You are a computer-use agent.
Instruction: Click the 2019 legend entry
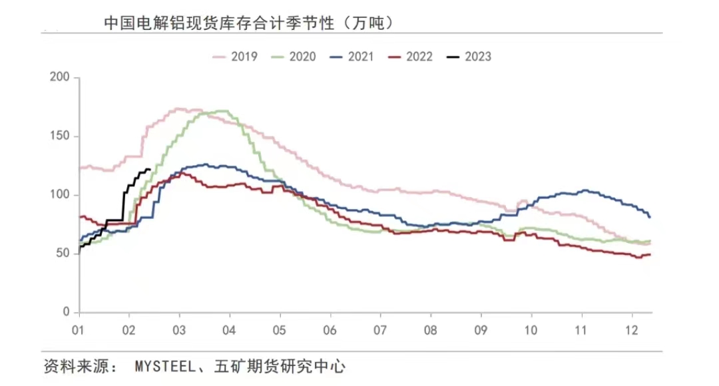pyautogui.click(x=235, y=57)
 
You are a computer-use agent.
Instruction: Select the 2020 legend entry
pyautogui.click(x=294, y=57)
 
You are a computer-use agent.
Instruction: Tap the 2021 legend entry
pyautogui.click(x=352, y=57)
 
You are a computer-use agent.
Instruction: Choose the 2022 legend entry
pyautogui.click(x=411, y=57)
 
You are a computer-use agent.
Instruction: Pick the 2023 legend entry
pyautogui.click(x=469, y=57)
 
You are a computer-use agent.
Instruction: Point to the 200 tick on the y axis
pyautogui.click(x=60, y=78)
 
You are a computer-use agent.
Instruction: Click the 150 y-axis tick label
pyautogui.click(x=60, y=136)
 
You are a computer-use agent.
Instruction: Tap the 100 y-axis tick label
pyautogui.click(x=60, y=195)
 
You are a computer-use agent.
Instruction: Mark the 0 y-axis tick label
pyautogui.click(x=66, y=312)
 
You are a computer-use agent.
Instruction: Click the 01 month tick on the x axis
pyautogui.click(x=77, y=329)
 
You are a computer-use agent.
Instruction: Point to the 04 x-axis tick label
pyautogui.click(x=228, y=329)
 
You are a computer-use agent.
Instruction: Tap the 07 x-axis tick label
pyautogui.click(x=380, y=329)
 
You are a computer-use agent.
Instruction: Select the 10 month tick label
pyautogui.click(x=531, y=329)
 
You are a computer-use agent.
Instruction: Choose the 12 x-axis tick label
pyautogui.click(x=632, y=329)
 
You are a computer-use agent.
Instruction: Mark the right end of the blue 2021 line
pyautogui.click(x=650, y=218)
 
